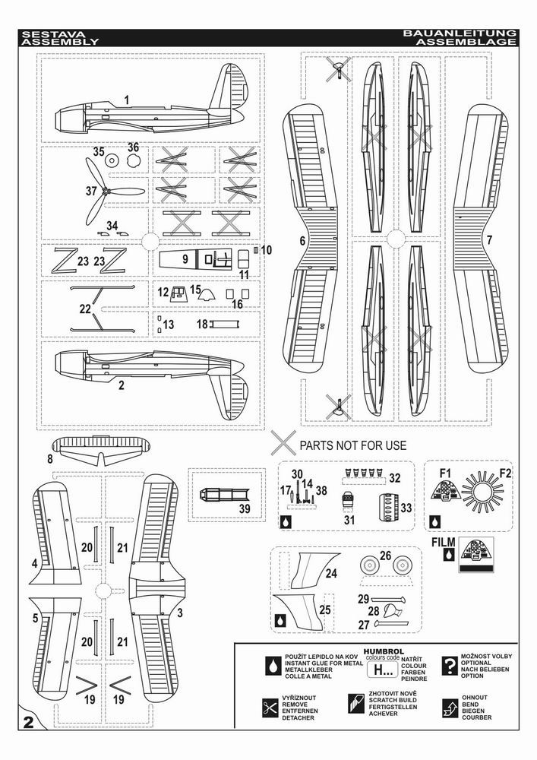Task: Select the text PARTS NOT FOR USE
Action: coord(352,445)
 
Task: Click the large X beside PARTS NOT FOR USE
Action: coord(283,442)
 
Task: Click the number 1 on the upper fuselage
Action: coord(126,100)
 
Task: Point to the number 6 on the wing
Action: coord(302,240)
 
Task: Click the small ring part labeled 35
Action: coord(111,161)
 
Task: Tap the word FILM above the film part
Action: coord(444,542)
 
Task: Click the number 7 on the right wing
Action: coord(489,239)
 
